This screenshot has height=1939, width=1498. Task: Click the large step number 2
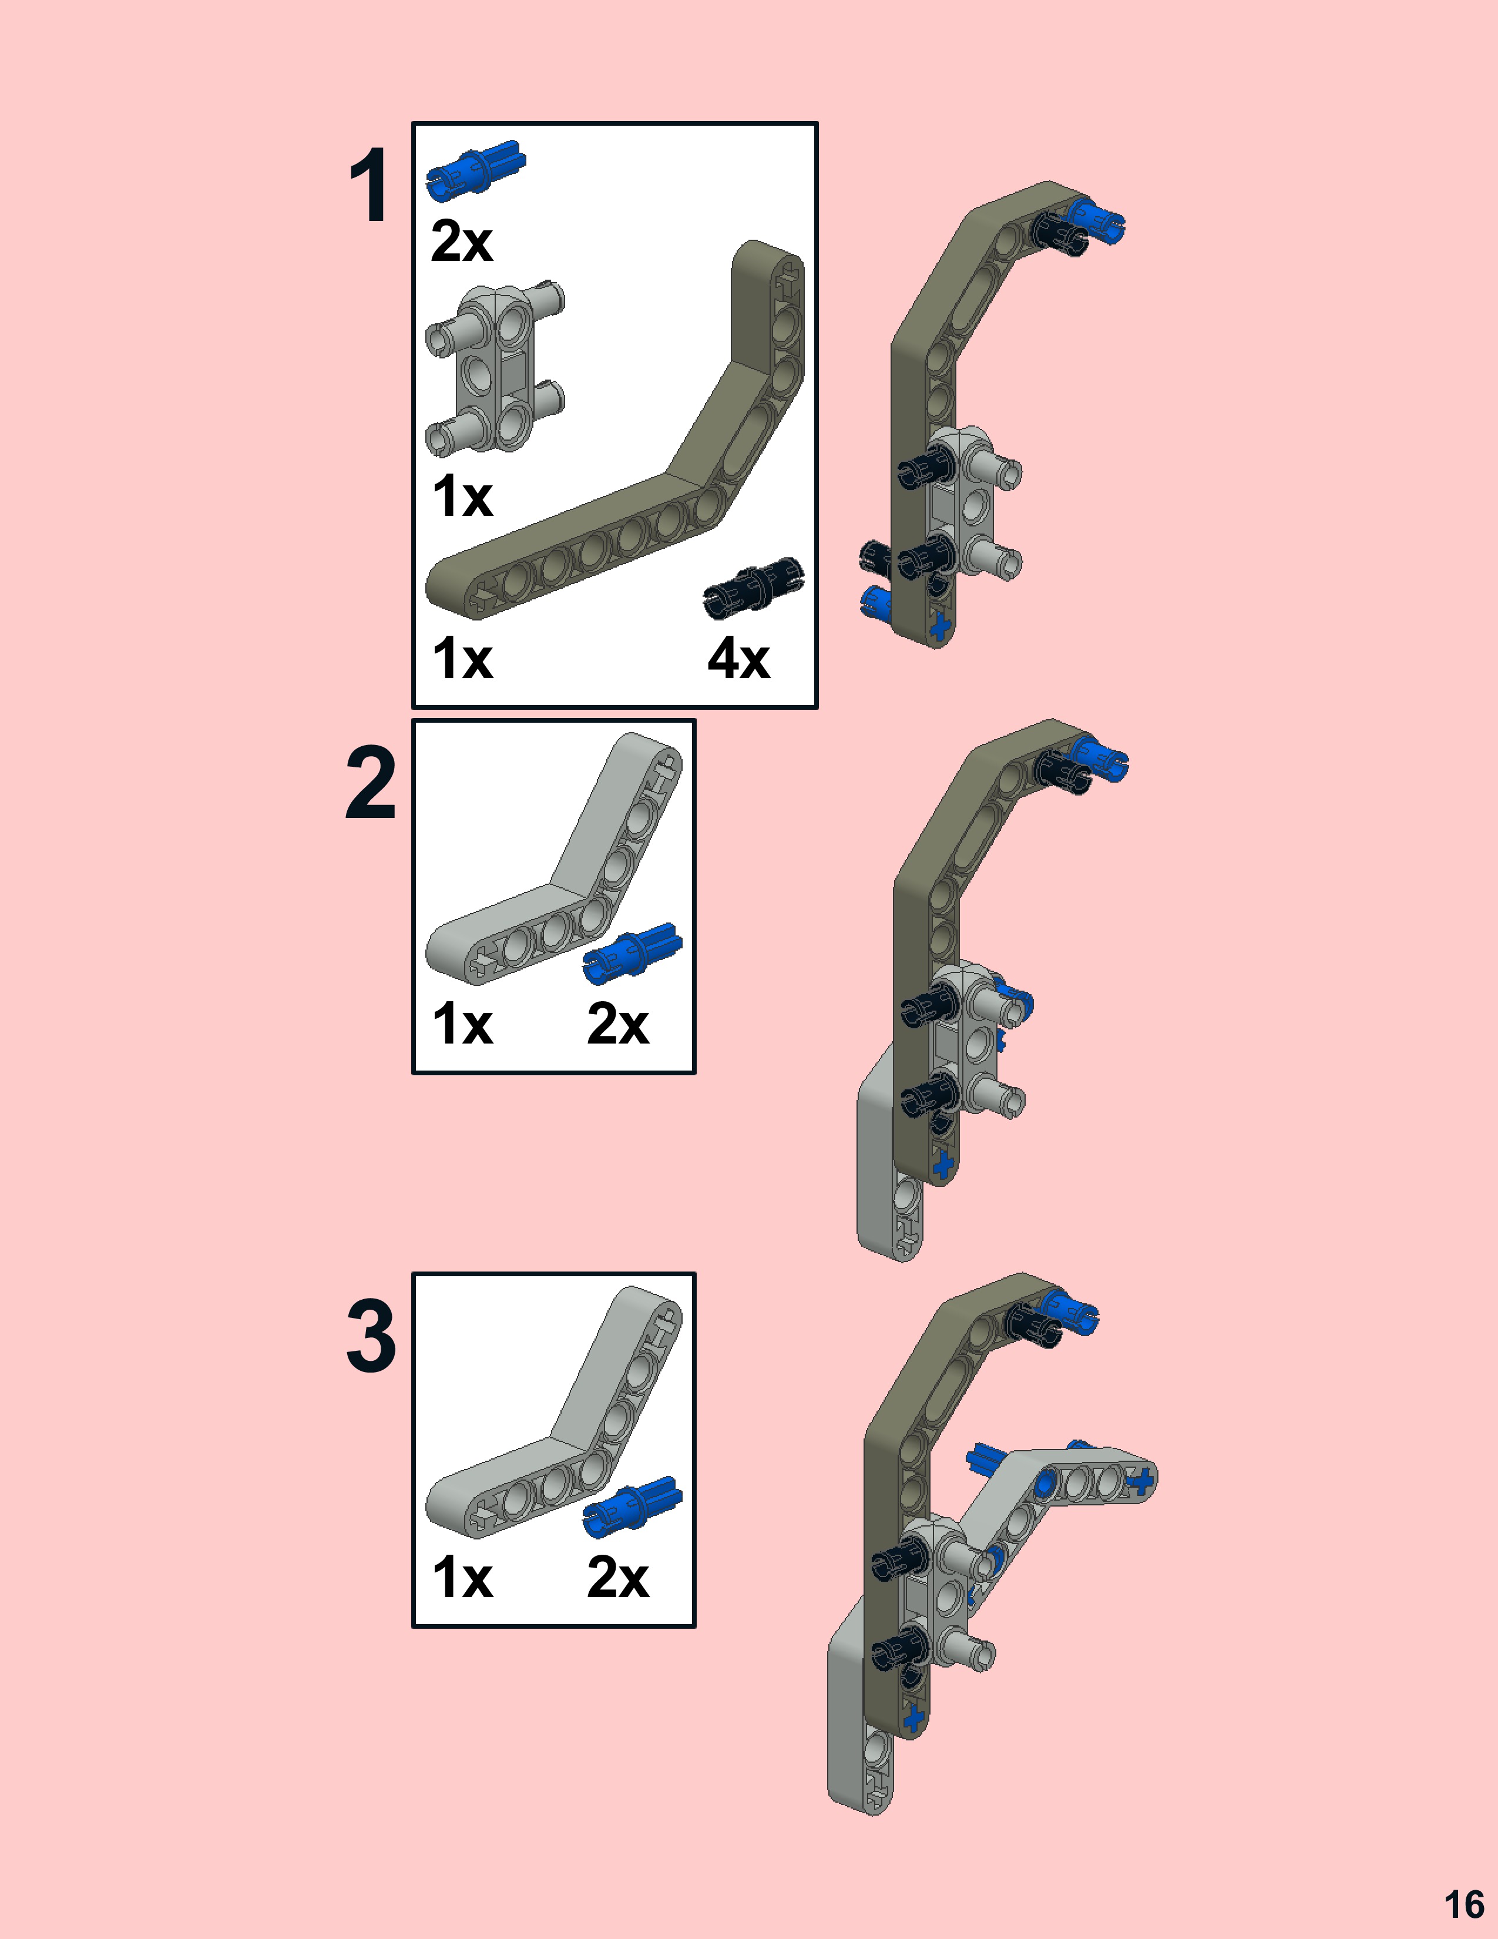(370, 783)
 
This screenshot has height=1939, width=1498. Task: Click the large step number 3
(370, 1336)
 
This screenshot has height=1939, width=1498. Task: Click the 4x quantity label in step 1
(738, 660)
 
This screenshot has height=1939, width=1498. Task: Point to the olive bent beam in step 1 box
(621, 497)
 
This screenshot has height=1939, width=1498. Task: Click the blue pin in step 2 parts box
(633, 952)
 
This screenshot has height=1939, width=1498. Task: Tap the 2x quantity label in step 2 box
(617, 1025)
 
